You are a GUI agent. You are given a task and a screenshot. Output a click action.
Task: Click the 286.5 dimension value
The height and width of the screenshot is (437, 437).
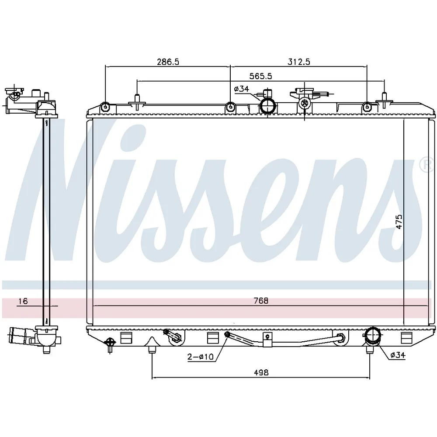[168, 62]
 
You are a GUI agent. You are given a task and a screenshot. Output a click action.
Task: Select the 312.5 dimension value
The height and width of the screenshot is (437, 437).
[299, 62]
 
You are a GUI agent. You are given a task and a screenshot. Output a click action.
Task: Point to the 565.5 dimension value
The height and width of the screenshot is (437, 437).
[260, 76]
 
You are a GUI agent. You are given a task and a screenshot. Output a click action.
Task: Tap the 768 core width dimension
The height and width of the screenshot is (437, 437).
[261, 301]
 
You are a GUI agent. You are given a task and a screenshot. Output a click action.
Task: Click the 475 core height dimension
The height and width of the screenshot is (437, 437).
[399, 222]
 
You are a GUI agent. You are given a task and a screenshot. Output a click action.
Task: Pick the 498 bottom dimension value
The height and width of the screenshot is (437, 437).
[261, 372]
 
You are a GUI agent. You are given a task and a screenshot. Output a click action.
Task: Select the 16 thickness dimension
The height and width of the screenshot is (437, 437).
[23, 301]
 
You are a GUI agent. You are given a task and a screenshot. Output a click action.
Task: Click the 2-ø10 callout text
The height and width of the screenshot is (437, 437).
[201, 357]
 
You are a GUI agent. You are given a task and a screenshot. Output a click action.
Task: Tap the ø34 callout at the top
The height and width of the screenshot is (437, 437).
[241, 89]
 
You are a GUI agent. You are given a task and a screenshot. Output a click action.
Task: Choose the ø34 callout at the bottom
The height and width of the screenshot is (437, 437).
[398, 355]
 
